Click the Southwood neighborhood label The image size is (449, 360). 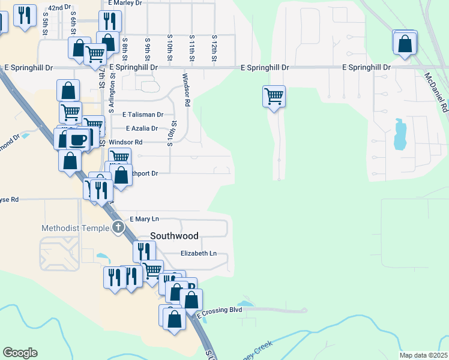(x=174, y=236)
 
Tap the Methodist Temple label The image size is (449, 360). (x=76, y=228)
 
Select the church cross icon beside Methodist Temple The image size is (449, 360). (x=118, y=227)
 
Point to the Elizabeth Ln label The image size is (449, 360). (x=199, y=253)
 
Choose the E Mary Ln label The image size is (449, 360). (x=143, y=219)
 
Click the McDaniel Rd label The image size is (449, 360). (x=436, y=93)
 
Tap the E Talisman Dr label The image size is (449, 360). (x=143, y=114)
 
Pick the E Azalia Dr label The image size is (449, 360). (x=142, y=128)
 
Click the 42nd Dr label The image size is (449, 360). (x=59, y=7)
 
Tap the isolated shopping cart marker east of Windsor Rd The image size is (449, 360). (x=274, y=95)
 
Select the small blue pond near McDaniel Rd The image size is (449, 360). (x=399, y=135)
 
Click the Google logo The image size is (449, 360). (x=20, y=353)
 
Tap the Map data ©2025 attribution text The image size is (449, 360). (x=423, y=355)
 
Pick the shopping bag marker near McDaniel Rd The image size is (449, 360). (x=406, y=43)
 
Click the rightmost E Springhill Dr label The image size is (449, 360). (x=366, y=68)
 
